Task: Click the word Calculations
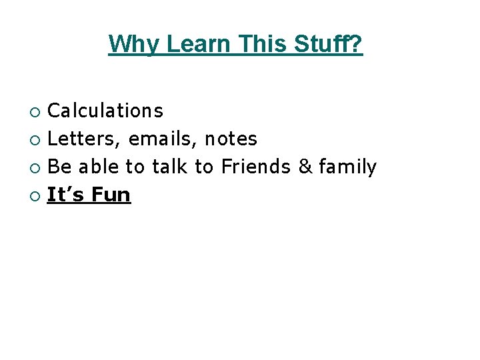(x=105, y=110)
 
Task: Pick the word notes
(x=231, y=139)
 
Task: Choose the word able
(x=99, y=167)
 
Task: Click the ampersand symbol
(x=305, y=167)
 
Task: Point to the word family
(x=347, y=167)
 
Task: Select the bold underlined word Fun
(x=111, y=195)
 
